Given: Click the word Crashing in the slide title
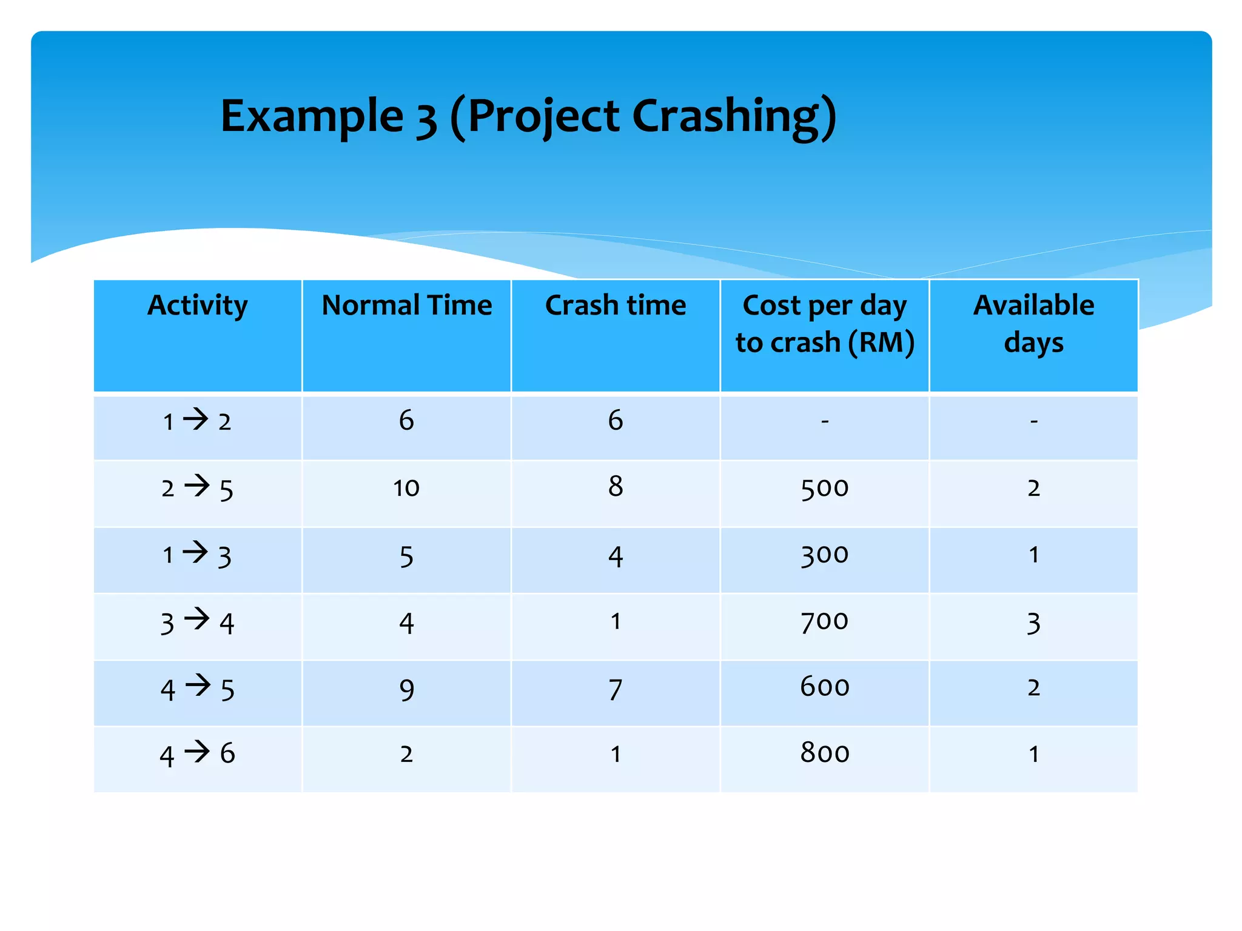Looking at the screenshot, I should pyautogui.click(x=734, y=116).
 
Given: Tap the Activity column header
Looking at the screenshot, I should pyautogui.click(x=197, y=305).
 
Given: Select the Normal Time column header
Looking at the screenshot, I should pyautogui.click(x=406, y=305).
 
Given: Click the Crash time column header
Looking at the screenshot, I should pyautogui.click(x=615, y=305).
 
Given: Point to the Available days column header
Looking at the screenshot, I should pyautogui.click(x=1033, y=323).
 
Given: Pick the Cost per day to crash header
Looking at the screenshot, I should pyautogui.click(x=824, y=323).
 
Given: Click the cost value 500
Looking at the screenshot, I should pyautogui.click(x=824, y=488).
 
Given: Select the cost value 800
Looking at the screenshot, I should pyautogui.click(x=824, y=753).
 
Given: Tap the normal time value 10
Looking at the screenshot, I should pyautogui.click(x=406, y=488).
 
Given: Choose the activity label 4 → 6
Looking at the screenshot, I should pyautogui.click(x=197, y=754).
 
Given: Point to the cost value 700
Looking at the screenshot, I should pyautogui.click(x=824, y=621).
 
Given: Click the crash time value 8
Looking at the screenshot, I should pyautogui.click(x=615, y=487).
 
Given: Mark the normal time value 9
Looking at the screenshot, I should pyautogui.click(x=406, y=690).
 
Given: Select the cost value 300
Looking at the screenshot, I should pyautogui.click(x=824, y=555).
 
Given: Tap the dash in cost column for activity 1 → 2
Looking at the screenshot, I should pyautogui.click(x=824, y=421).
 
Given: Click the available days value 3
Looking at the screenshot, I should pyautogui.click(x=1033, y=623).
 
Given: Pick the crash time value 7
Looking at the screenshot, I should pyautogui.click(x=615, y=690).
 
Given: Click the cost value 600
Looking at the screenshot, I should pyautogui.click(x=824, y=687).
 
